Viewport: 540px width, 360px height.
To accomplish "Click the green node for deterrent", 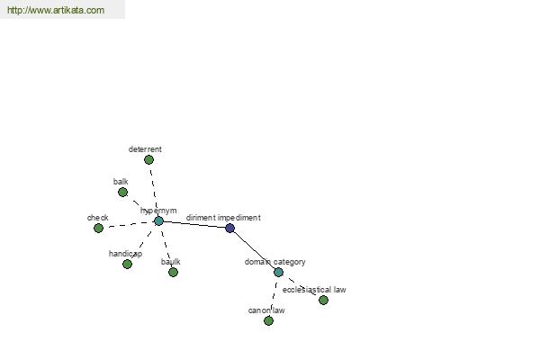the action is coord(148,160).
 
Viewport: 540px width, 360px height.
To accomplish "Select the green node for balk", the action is coord(122,193).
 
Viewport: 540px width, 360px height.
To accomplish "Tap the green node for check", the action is coord(98,228).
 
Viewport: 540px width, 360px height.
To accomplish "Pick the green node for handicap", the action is coord(127,265).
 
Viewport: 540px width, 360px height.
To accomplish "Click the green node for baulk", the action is coord(173,273).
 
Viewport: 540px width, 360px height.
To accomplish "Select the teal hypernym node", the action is coord(158,221).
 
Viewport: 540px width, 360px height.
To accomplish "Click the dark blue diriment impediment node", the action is coord(230,228).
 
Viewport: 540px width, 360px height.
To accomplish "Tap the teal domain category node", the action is coord(279,273).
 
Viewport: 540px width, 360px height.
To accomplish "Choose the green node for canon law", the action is coord(268,321).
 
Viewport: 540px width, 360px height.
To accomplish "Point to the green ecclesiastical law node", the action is coord(323,301).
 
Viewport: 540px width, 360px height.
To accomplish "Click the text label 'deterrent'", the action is coord(145,149).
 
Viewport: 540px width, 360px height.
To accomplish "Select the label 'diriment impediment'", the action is coord(223,218).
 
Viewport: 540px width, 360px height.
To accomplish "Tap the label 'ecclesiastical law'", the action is coord(314,290).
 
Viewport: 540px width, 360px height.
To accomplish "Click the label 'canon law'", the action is coord(266,310).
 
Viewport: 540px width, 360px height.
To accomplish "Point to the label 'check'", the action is coord(98,218).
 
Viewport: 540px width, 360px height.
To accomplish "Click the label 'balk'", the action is coord(121,182).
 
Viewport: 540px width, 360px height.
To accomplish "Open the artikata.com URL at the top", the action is coord(56,10).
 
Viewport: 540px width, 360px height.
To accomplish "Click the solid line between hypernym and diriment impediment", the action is coord(194,225).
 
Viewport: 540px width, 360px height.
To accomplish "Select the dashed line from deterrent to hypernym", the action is coord(154,191).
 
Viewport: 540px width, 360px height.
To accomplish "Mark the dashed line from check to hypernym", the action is coord(129,225).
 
